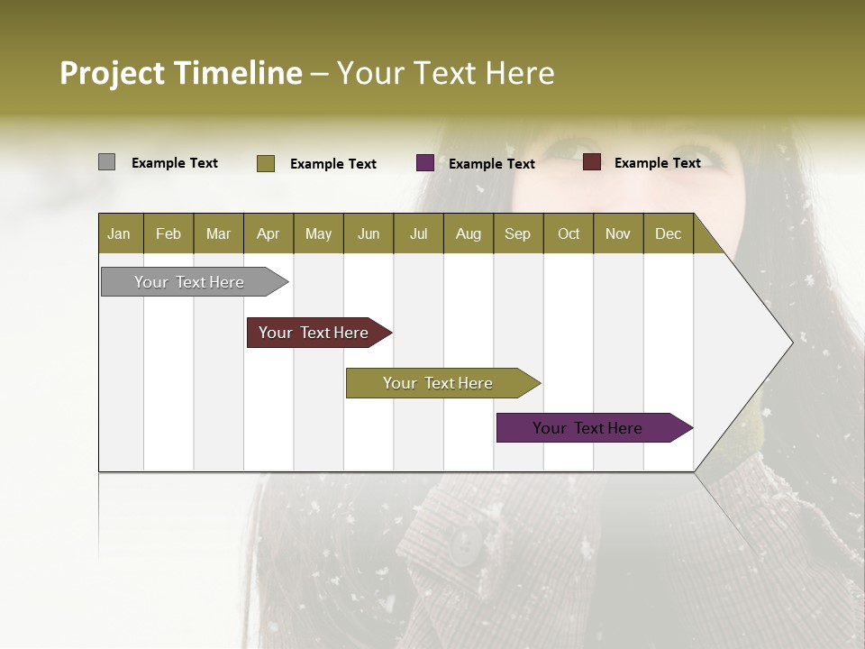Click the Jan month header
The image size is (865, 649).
coord(119,234)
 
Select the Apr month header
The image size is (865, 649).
coord(268,234)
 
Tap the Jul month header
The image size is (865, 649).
coord(418,234)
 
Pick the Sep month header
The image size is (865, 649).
coord(517,234)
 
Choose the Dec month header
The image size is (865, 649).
coord(668,234)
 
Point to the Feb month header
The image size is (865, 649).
coord(168,234)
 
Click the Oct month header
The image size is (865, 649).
coord(569,234)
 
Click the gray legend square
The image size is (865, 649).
coord(106,162)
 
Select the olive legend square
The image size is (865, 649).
coord(265,163)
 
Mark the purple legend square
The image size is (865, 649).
coord(424,163)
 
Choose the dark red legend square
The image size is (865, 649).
coord(591,162)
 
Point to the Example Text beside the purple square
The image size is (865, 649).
coord(491,164)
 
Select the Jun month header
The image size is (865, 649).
coord(369,234)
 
